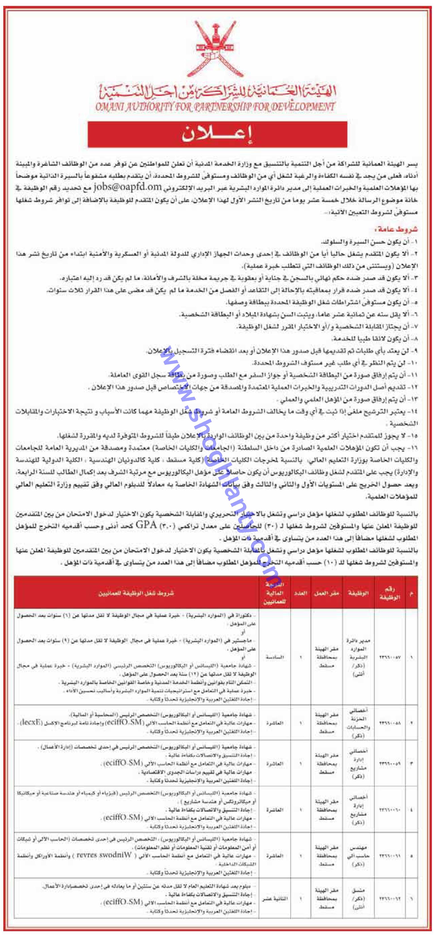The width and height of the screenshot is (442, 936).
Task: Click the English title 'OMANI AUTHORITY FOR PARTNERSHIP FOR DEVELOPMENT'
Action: (x=215, y=107)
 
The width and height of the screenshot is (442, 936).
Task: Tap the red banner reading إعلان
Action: (x=217, y=134)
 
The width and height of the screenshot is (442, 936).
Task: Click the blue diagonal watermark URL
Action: (x=218, y=462)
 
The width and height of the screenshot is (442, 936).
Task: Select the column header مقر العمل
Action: (x=327, y=593)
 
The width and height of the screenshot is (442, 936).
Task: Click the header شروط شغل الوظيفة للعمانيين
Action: (x=136, y=593)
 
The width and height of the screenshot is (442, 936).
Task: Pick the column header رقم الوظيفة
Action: (x=390, y=593)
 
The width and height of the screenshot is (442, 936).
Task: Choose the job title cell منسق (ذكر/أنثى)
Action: (x=358, y=899)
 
